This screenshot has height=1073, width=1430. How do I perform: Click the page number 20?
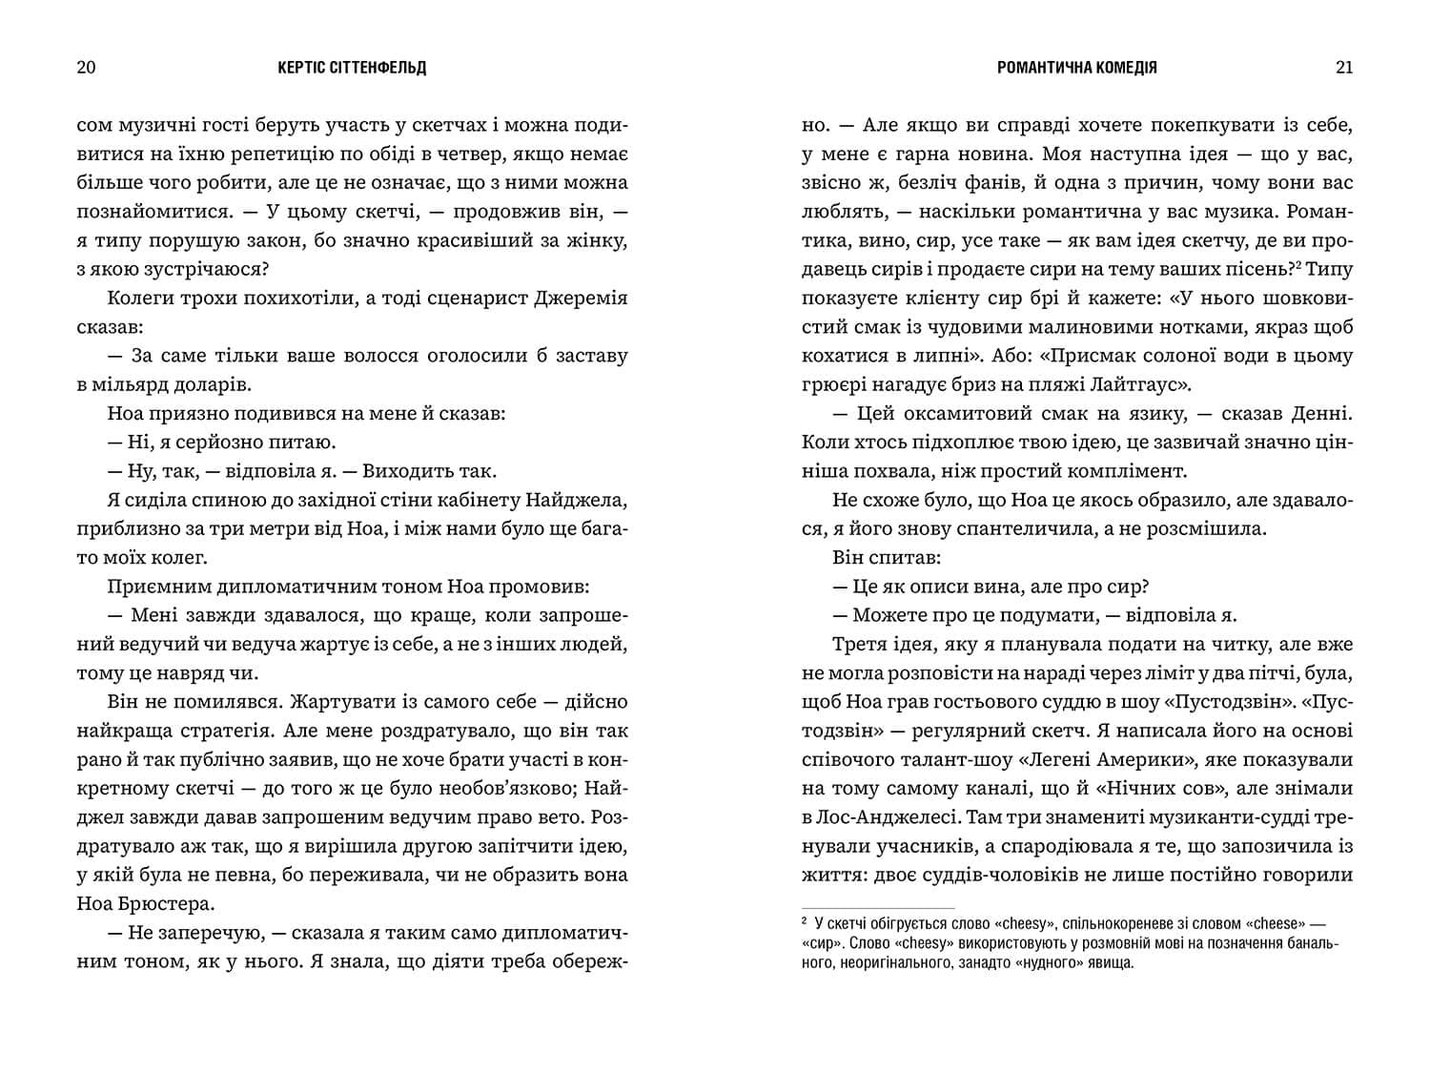coord(86,68)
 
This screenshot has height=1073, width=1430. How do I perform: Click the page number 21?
coord(1344,68)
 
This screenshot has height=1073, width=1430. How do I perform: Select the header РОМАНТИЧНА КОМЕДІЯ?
coord(1076,68)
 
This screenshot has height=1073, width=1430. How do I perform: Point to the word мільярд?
coord(133,384)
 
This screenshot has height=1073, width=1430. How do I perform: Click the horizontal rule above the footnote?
coord(878,907)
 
